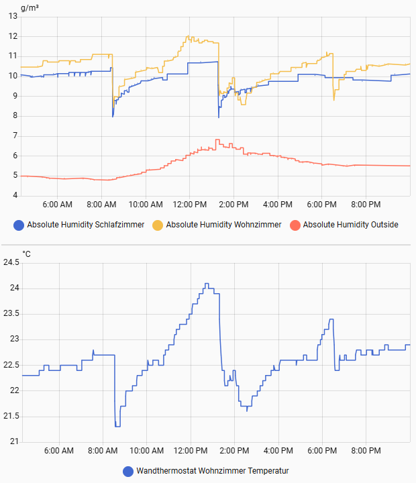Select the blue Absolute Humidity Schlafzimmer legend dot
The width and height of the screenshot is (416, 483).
(19, 225)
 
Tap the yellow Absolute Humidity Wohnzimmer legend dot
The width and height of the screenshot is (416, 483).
(158, 225)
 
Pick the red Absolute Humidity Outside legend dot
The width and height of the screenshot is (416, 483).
(295, 225)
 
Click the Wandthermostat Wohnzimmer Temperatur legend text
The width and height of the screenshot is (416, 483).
(212, 471)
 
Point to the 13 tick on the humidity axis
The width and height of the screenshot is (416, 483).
(13, 16)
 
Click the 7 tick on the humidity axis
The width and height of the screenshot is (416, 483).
(15, 136)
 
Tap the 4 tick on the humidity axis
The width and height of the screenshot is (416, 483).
(15, 196)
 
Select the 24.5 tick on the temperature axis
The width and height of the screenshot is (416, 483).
(11, 262)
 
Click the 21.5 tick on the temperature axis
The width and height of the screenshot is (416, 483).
(11, 417)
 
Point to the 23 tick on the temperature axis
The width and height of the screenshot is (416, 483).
(15, 339)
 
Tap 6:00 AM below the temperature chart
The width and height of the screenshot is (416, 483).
(58, 450)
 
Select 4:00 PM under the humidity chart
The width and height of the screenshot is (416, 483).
(278, 204)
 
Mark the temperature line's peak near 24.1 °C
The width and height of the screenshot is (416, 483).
(207, 284)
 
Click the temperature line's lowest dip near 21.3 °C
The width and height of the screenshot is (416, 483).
(117, 426)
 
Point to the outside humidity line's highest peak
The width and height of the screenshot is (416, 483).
(217, 140)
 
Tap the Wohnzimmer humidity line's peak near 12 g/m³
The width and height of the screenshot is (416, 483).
(189, 36)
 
